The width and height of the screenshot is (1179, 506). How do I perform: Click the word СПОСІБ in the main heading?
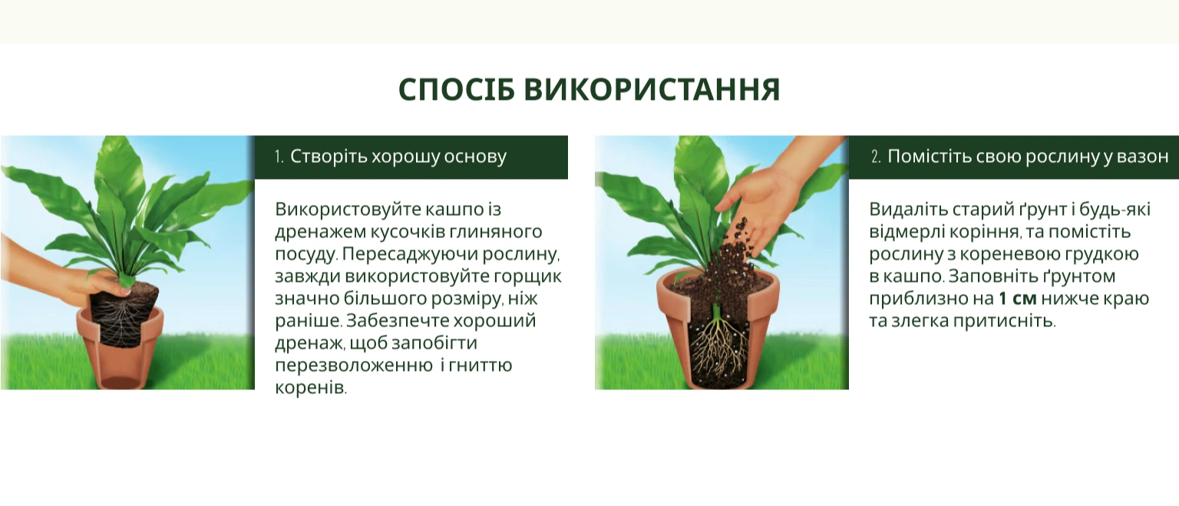pyautogui.click(x=457, y=90)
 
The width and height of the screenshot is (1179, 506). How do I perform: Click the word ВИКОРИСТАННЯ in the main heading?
pyautogui.click(x=652, y=90)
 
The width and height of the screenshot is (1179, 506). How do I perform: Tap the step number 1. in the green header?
pyautogui.click(x=279, y=157)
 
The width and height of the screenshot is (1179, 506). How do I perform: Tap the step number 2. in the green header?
pyautogui.click(x=876, y=157)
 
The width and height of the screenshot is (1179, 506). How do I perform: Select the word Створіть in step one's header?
pyautogui.click(x=329, y=157)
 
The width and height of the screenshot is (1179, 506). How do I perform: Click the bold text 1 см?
pyautogui.click(x=1017, y=299)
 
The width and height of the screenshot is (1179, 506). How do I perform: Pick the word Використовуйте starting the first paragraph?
pyautogui.click(x=348, y=210)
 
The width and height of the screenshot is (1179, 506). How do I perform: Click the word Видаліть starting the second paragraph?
pyautogui.click(x=907, y=210)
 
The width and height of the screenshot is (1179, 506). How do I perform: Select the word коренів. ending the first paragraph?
pyautogui.click(x=311, y=388)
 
